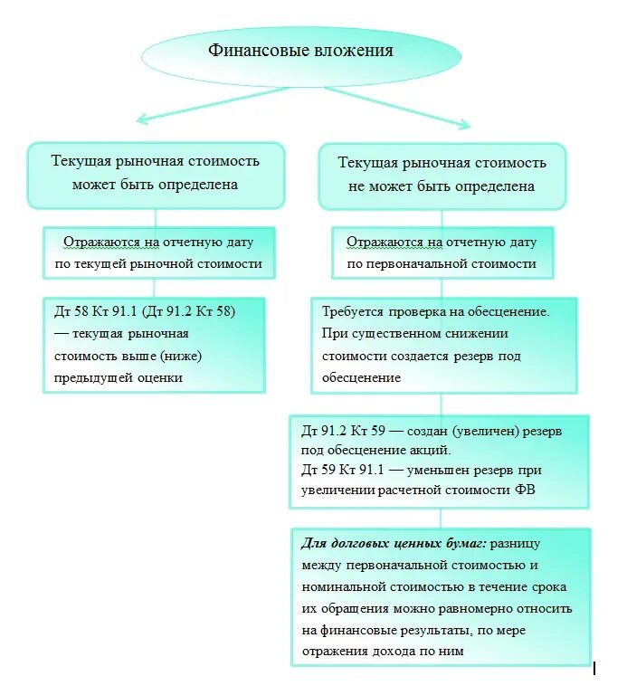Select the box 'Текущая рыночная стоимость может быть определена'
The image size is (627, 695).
[x=156, y=173]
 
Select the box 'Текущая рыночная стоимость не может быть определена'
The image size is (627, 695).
[x=442, y=175]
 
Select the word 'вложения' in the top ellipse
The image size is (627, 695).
[x=354, y=51]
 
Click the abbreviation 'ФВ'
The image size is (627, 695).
[x=550, y=490]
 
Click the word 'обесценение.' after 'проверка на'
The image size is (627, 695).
[x=507, y=311]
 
